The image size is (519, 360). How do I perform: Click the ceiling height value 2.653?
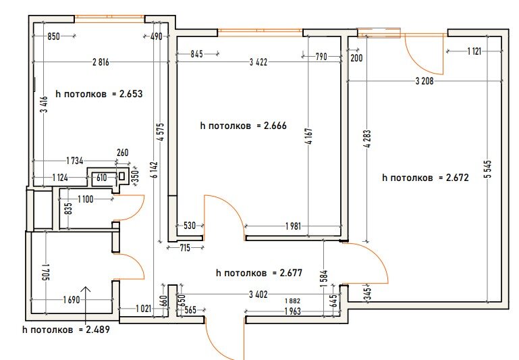(x=131, y=94)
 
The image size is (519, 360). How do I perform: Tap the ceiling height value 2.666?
(x=275, y=126)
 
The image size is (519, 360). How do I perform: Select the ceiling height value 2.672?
(x=457, y=178)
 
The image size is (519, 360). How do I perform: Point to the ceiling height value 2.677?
(x=291, y=273)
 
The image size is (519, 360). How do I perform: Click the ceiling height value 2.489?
(x=98, y=330)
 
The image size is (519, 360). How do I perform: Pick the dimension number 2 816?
(x=101, y=62)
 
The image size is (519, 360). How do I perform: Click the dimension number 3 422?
(x=258, y=62)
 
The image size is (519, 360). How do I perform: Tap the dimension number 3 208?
(x=425, y=81)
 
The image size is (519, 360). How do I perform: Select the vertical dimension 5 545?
(x=489, y=170)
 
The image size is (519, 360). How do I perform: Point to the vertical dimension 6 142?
(x=155, y=170)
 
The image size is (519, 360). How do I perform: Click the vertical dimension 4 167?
(x=309, y=136)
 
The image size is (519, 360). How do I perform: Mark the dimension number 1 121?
(x=474, y=51)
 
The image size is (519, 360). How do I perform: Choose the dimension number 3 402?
(x=258, y=294)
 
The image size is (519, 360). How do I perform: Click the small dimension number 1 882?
(x=293, y=301)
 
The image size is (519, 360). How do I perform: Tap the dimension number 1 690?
(x=72, y=300)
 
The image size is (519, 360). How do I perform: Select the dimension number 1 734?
(x=75, y=161)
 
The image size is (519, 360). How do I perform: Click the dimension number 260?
(x=122, y=153)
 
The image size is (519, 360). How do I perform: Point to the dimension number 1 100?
(x=86, y=199)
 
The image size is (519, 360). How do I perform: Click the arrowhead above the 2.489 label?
(x=86, y=287)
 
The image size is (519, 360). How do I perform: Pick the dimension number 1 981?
(x=294, y=226)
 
